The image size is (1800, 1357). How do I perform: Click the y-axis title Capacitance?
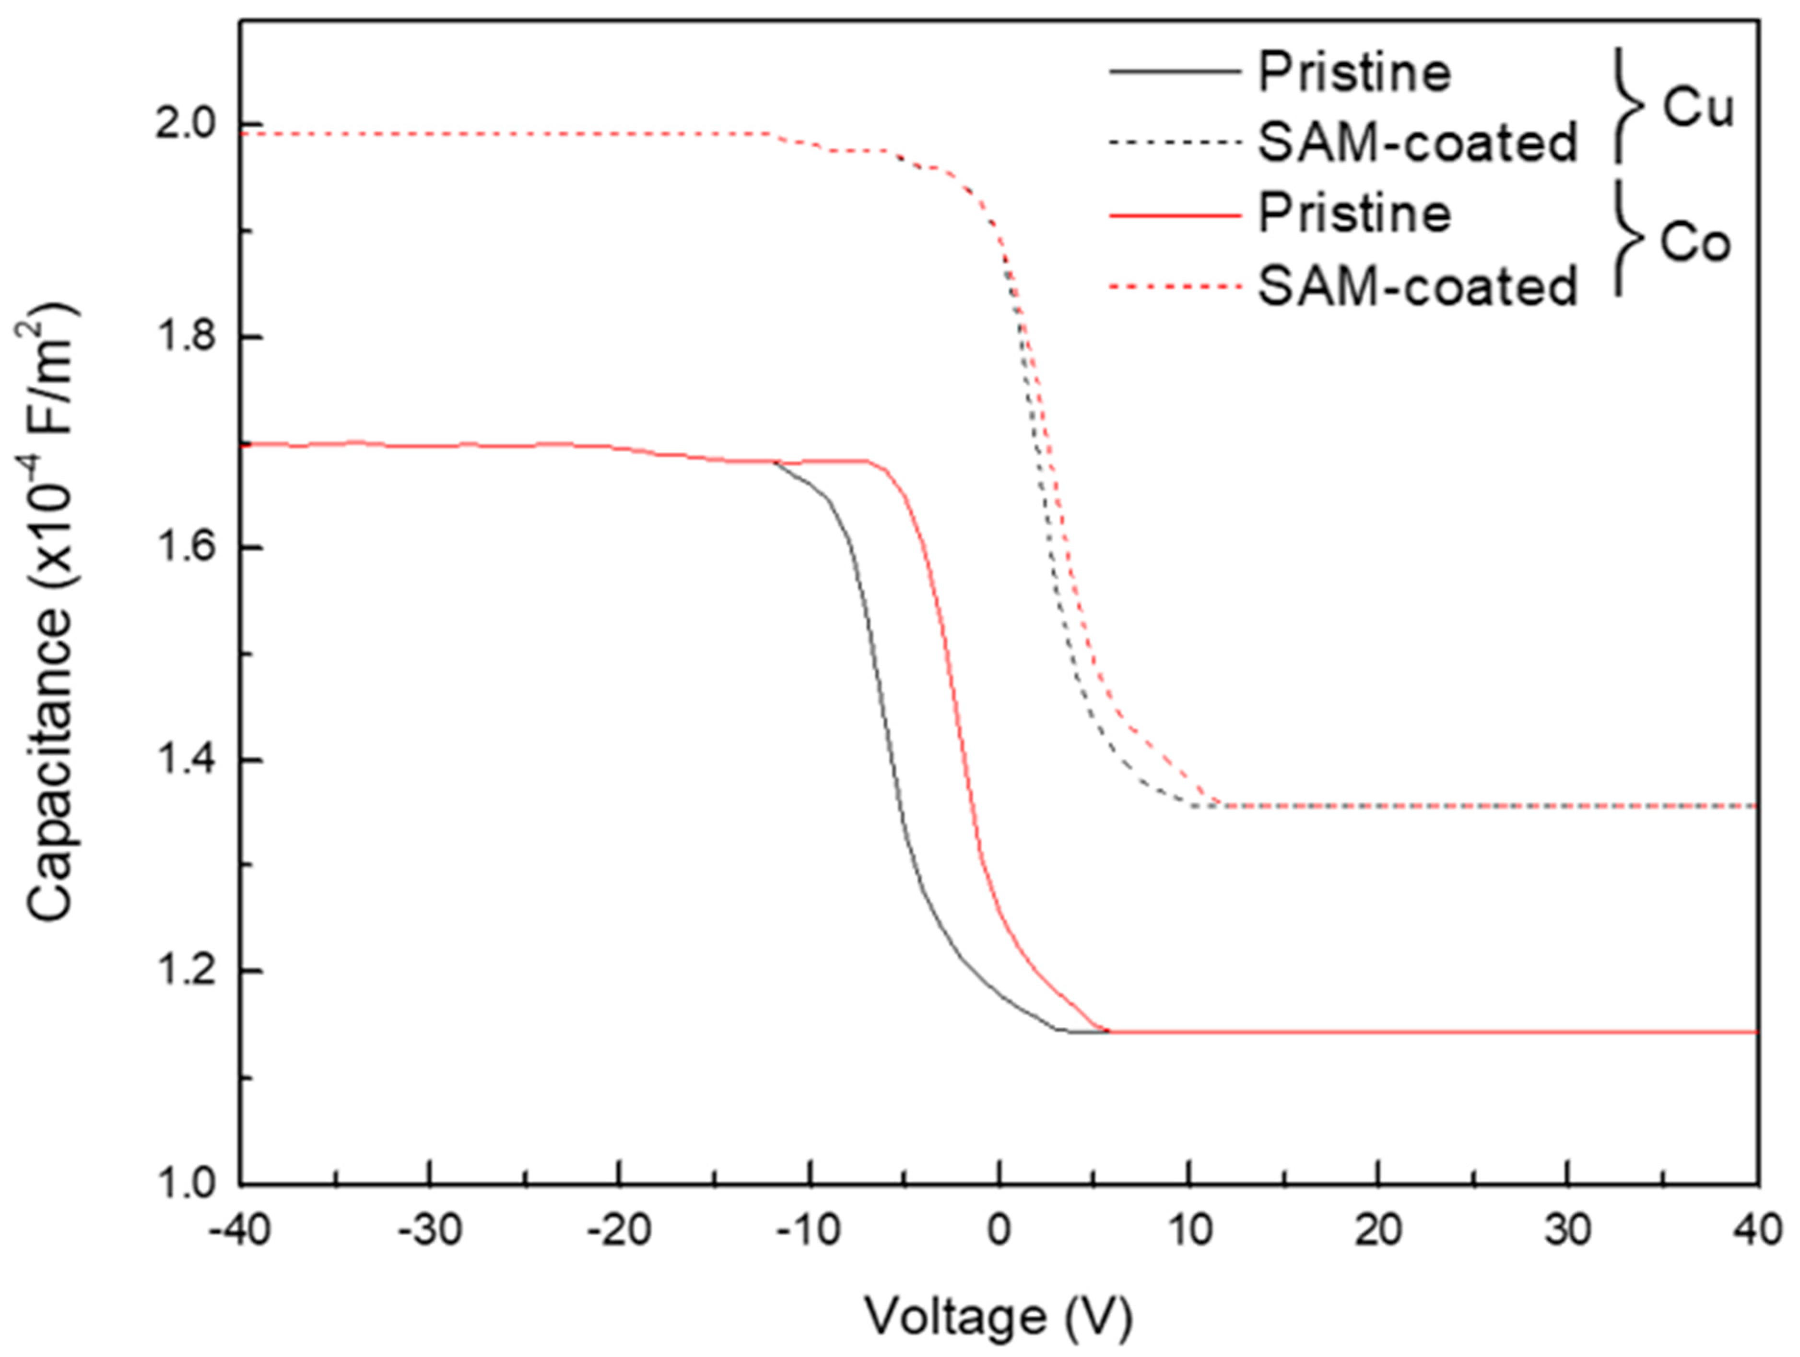pos(50,612)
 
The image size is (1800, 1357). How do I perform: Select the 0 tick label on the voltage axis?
pos(1000,1231)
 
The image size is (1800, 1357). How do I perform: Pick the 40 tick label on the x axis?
pos(1758,1231)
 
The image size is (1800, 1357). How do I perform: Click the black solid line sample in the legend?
pos(1174,71)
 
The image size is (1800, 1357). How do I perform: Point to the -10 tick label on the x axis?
pos(809,1231)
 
